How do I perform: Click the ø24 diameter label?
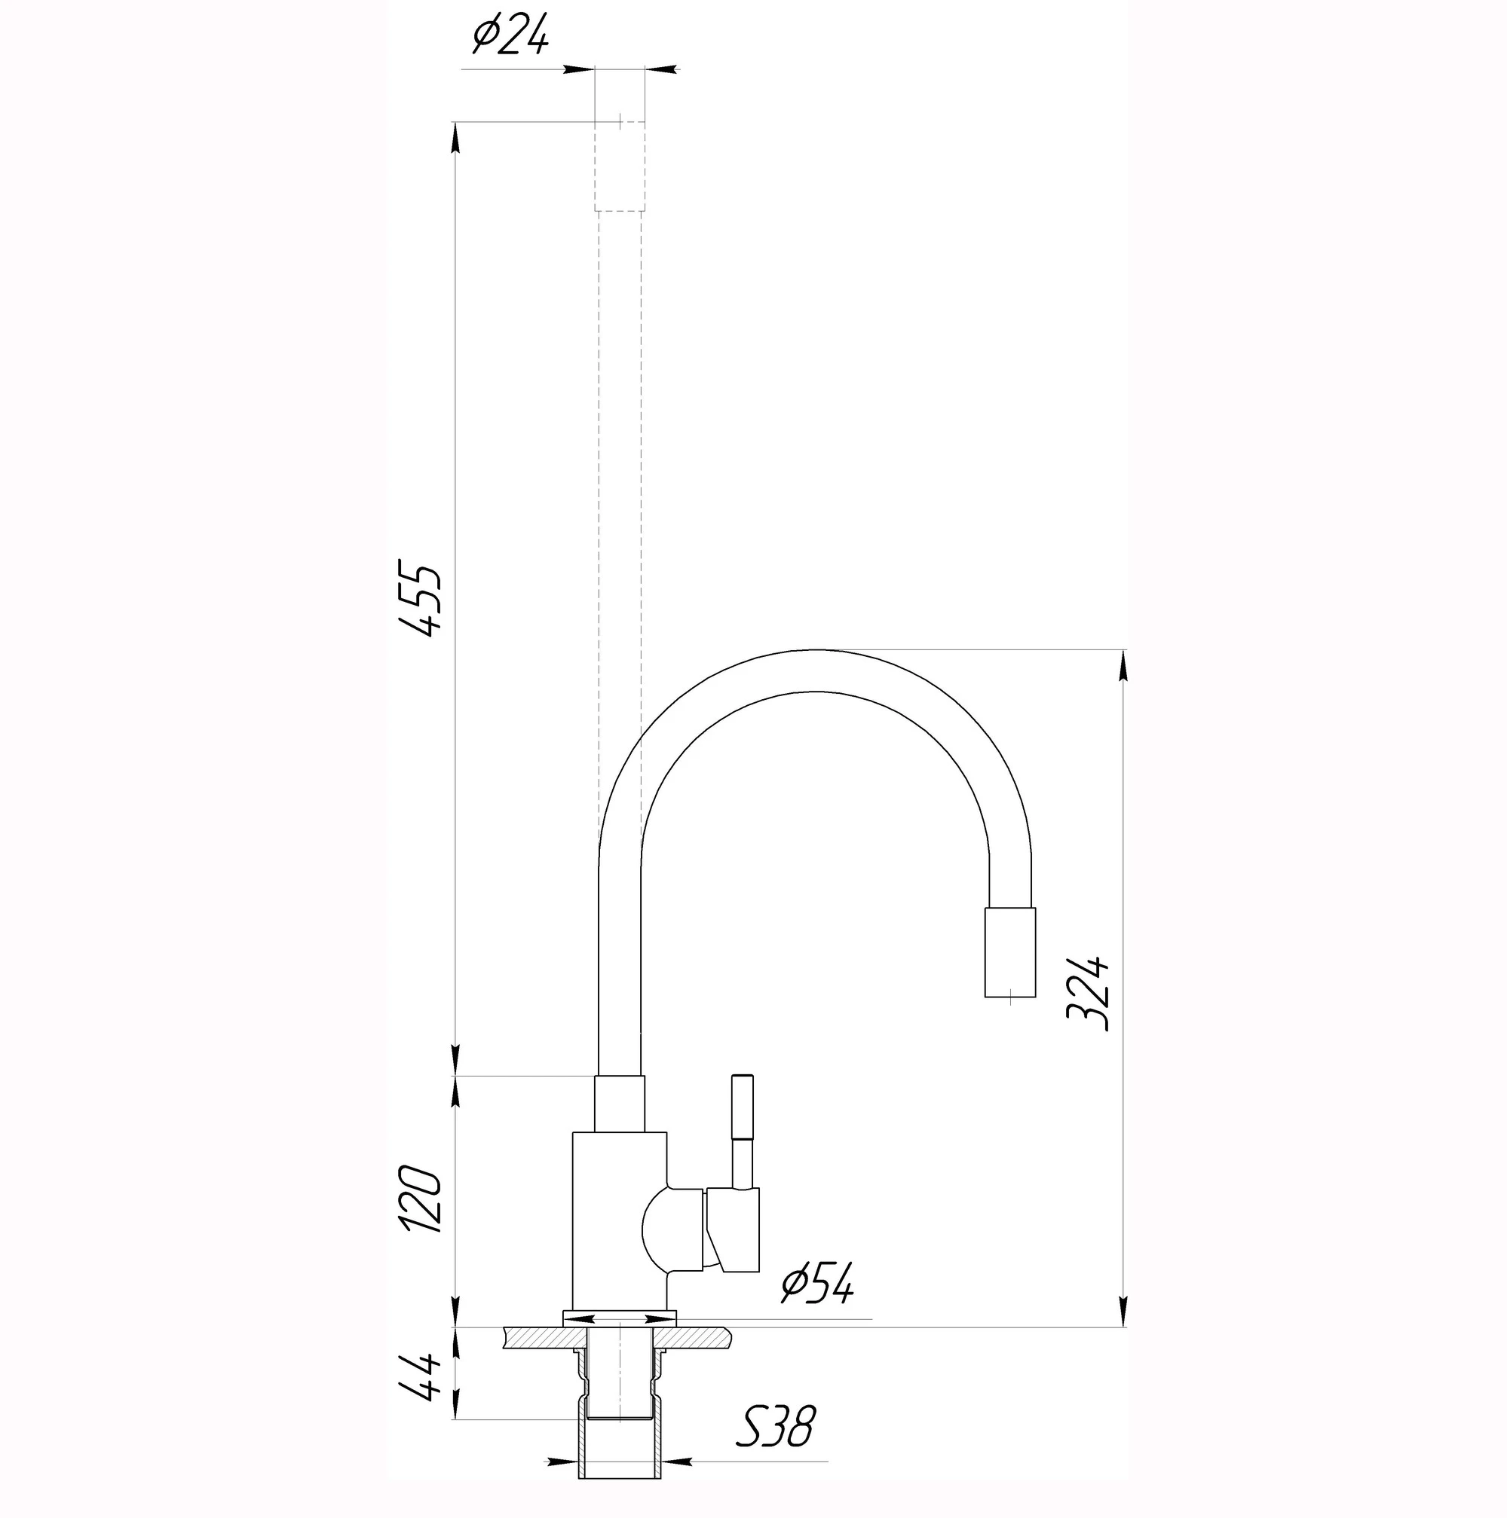click(x=510, y=36)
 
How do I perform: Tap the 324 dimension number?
click(x=1089, y=993)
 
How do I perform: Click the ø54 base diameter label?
click(x=817, y=1284)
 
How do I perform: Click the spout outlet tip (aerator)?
click(x=1010, y=952)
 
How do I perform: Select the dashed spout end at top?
click(x=620, y=166)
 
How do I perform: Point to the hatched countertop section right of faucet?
click(x=694, y=1336)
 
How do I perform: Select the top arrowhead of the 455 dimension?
click(x=455, y=139)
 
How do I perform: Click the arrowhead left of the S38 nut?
click(x=563, y=1462)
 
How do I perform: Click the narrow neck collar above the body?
click(x=620, y=1103)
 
